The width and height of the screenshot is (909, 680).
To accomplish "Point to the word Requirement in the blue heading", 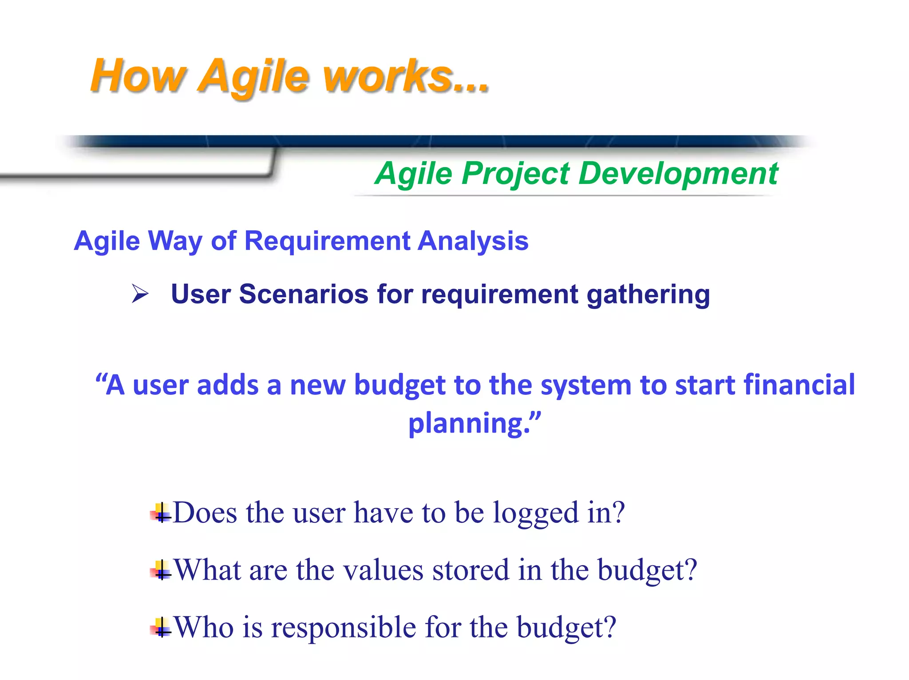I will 328,241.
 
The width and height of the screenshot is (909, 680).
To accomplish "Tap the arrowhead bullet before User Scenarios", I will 140,294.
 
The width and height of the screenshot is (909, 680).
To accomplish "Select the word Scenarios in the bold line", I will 304,294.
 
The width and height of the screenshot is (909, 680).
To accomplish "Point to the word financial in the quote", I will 799,384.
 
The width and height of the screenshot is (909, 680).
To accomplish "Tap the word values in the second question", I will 383,570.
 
